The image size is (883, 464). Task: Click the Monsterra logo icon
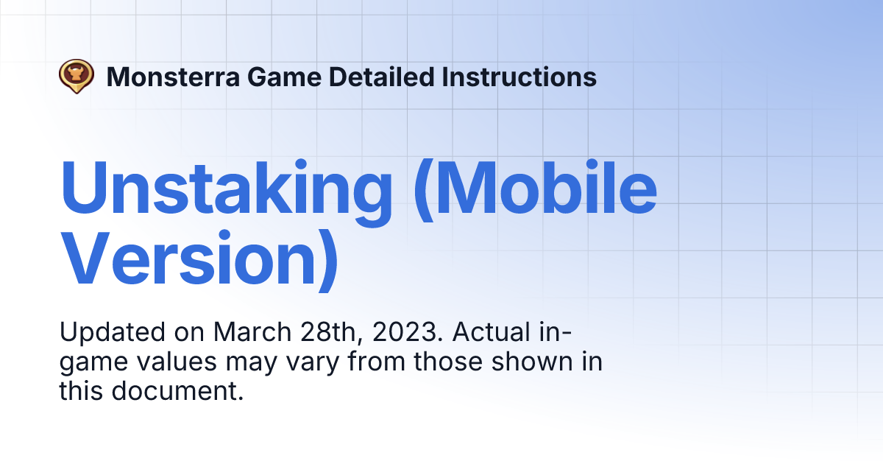[x=77, y=76]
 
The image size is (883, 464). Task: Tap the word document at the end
[x=177, y=392]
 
